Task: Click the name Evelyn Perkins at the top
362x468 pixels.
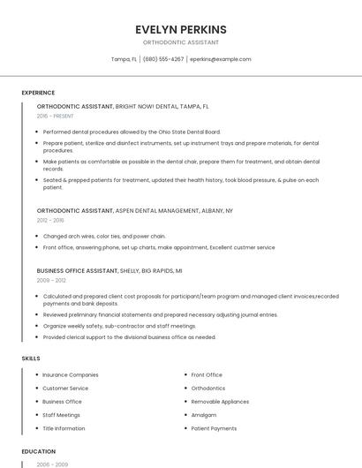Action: click(x=181, y=29)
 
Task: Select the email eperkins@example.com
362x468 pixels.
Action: click(x=220, y=59)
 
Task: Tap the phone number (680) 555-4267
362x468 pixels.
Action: click(x=163, y=59)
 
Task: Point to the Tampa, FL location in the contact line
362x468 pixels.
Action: click(x=124, y=59)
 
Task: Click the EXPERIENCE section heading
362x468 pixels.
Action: click(x=38, y=93)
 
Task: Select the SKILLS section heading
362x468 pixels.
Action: click(x=30, y=359)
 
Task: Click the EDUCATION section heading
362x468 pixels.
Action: click(x=38, y=451)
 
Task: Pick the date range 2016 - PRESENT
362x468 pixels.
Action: click(x=55, y=116)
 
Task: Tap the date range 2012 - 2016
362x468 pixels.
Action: click(x=50, y=221)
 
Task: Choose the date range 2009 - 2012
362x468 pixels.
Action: click(x=51, y=280)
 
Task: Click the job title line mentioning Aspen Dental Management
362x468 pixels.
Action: click(x=135, y=211)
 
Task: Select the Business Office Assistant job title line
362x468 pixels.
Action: click(x=109, y=270)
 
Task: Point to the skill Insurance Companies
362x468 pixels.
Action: click(x=71, y=375)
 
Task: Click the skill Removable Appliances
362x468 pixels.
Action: click(x=220, y=402)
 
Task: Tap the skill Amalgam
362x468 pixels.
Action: click(x=204, y=415)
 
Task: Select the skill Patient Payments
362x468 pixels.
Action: click(x=214, y=428)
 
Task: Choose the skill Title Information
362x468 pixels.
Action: click(x=64, y=428)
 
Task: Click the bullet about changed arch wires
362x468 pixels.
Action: click(x=104, y=237)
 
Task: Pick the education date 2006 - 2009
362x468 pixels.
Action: click(x=50, y=464)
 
